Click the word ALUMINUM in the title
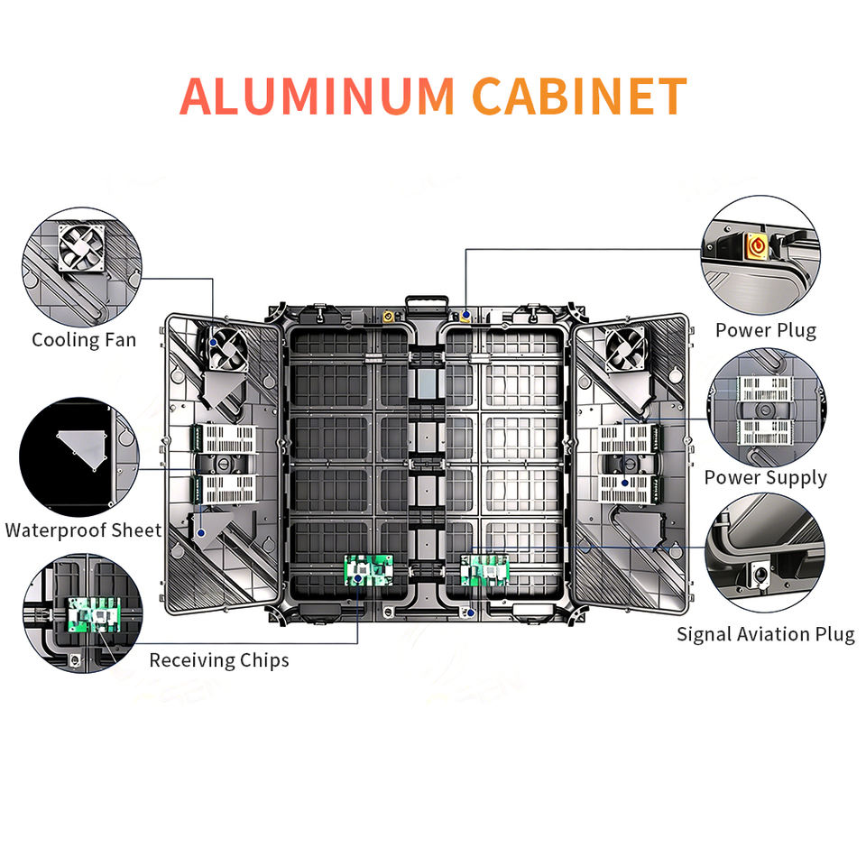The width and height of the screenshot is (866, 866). point(318,97)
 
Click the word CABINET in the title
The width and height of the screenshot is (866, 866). point(579,97)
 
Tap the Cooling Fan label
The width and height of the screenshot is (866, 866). point(84,340)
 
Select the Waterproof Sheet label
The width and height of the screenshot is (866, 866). point(83,530)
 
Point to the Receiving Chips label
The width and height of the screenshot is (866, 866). point(219,660)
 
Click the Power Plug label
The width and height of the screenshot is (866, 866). point(765,330)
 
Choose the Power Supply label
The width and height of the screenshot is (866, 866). point(765,477)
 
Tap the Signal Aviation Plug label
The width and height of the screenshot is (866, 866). point(765,634)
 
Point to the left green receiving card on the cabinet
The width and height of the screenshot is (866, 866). point(369,569)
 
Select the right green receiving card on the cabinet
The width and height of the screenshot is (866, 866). point(484,570)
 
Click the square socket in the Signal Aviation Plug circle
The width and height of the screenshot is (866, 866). point(759,572)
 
